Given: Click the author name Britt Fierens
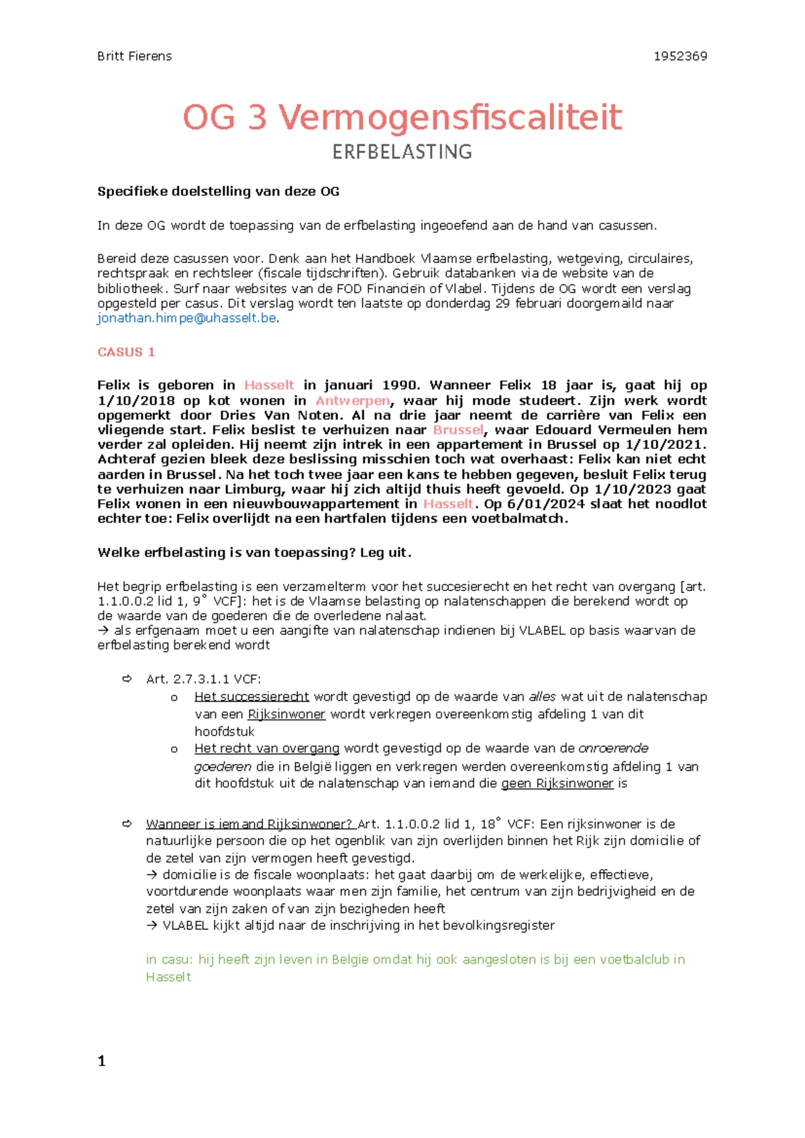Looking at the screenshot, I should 134,56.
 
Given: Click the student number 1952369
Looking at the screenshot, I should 680,56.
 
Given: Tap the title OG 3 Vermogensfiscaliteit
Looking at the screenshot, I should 402,117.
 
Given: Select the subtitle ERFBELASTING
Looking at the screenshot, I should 402,152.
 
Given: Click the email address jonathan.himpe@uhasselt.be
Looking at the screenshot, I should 187,318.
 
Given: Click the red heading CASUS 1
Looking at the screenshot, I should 126,352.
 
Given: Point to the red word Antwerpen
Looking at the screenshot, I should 353,401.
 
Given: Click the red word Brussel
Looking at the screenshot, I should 458,430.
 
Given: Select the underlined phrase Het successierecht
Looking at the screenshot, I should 252,697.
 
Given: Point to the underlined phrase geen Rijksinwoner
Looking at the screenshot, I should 557,784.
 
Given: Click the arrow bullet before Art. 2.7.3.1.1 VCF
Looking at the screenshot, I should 127,680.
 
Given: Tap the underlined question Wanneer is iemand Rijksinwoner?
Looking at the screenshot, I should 249,825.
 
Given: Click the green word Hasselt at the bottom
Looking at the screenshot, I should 168,978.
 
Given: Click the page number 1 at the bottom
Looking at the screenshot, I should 102,1062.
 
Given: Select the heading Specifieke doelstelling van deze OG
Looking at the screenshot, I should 218,192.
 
